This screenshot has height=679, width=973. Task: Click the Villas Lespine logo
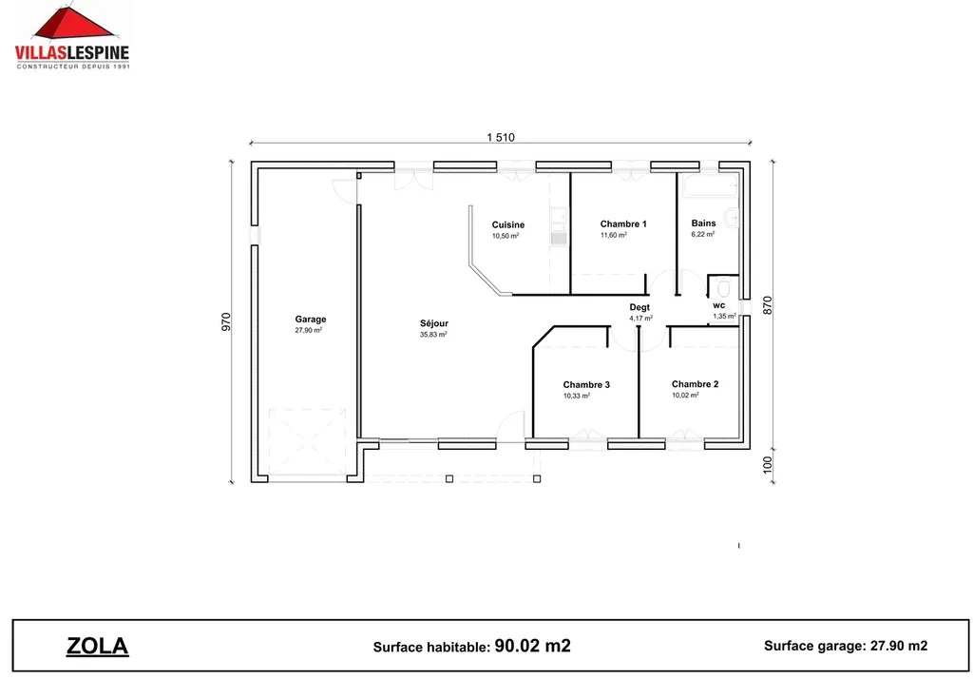tap(72, 36)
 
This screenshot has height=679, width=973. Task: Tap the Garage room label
tap(310, 320)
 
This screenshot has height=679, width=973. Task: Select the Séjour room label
tap(433, 323)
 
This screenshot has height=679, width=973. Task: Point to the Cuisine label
tap(507, 225)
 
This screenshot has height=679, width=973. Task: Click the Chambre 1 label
tap(622, 224)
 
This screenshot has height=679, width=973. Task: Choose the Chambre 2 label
tap(695, 384)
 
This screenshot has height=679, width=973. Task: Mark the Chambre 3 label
tap(586, 385)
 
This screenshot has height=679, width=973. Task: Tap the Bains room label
tap(703, 223)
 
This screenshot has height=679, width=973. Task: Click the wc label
tap(718, 305)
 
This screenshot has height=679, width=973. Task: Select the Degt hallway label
tap(639, 307)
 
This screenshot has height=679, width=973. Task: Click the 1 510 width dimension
tap(500, 137)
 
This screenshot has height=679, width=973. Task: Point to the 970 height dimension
tap(226, 322)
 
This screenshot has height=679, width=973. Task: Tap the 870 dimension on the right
tap(768, 306)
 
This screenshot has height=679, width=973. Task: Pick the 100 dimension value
tap(768, 465)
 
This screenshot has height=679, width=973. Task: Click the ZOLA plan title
tap(97, 647)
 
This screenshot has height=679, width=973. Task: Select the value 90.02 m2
tap(532, 647)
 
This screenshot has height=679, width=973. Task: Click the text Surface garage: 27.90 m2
tap(845, 646)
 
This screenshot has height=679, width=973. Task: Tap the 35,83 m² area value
tap(433, 335)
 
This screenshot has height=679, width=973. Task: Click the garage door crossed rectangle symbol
tap(306, 442)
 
